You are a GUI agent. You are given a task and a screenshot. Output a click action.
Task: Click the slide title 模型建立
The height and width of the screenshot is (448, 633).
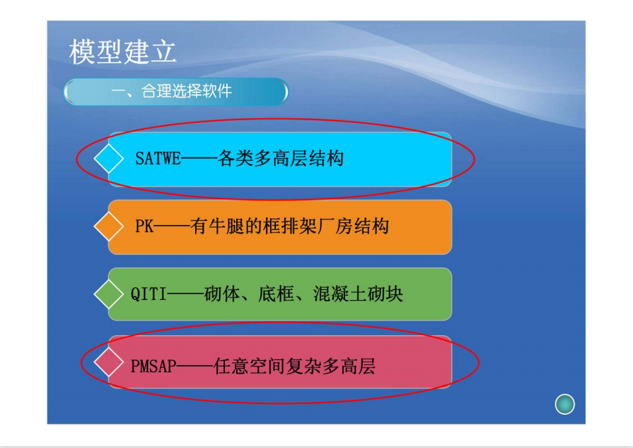click(123, 52)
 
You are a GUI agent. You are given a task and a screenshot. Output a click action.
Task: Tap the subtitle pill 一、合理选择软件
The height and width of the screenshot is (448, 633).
click(176, 92)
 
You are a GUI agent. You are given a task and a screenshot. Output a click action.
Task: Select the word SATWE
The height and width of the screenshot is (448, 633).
click(158, 159)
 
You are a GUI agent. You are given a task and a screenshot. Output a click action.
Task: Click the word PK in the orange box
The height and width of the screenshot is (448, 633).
click(144, 226)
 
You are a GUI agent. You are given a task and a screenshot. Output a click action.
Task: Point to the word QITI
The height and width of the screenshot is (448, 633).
click(149, 293)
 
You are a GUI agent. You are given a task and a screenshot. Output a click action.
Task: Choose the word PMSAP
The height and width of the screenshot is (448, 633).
click(153, 366)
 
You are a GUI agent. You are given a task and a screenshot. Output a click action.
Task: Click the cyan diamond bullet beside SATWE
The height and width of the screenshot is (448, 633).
click(109, 159)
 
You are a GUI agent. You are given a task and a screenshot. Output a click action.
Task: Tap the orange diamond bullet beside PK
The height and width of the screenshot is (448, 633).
click(109, 226)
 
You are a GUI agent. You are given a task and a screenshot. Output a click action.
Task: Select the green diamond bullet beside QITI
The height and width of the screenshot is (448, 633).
click(109, 293)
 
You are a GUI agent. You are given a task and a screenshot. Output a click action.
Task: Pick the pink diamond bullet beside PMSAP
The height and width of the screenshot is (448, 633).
click(109, 362)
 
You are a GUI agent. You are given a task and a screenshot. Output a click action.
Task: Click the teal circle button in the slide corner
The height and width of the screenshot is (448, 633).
click(565, 404)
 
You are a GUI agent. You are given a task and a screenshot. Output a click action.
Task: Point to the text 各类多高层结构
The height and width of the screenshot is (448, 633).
click(281, 159)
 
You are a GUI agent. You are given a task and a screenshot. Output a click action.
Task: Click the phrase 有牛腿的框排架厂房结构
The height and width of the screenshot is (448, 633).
click(289, 226)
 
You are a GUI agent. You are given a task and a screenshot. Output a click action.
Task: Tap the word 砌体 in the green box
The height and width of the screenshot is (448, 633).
click(222, 293)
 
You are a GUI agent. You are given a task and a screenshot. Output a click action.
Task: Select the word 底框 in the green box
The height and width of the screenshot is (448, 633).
click(276, 293)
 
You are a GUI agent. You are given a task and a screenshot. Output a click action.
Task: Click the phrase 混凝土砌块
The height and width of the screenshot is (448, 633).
click(358, 293)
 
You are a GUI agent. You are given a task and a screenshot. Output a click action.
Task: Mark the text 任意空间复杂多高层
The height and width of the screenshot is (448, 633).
click(295, 366)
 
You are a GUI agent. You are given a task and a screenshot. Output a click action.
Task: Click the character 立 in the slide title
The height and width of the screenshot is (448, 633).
click(163, 52)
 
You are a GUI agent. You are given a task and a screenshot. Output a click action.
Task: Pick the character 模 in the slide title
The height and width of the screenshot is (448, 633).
click(82, 52)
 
